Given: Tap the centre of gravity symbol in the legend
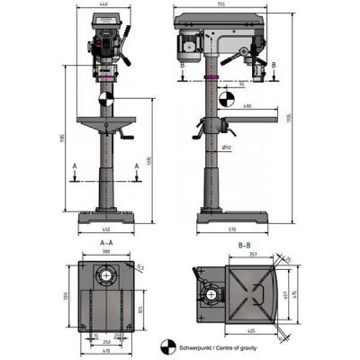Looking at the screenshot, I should (167, 344).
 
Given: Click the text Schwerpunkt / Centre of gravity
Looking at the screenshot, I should (216, 344).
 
